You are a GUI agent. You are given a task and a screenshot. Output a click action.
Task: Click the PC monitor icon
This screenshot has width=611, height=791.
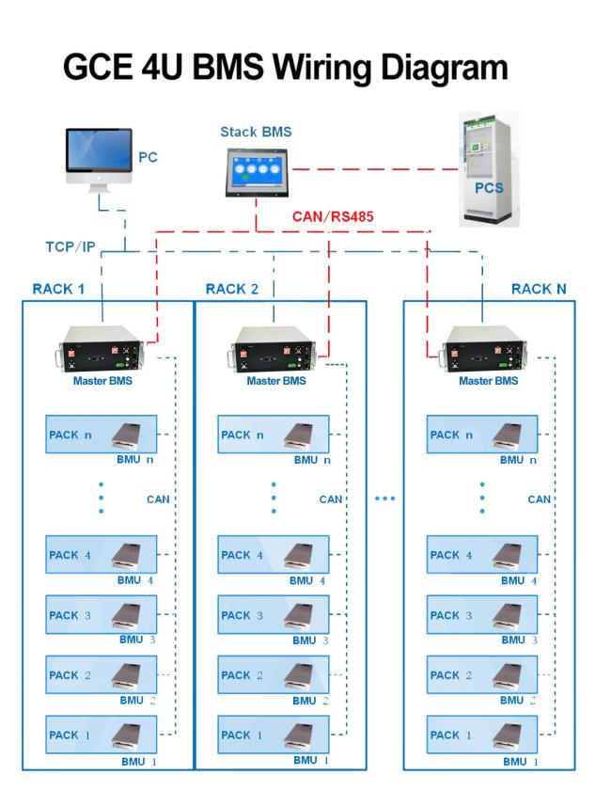100,159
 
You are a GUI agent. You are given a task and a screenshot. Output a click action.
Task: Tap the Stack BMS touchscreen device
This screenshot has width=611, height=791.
258,172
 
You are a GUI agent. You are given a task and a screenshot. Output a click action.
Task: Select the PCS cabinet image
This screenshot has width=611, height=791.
489,169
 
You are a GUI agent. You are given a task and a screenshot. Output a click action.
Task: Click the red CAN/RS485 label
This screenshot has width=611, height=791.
333,217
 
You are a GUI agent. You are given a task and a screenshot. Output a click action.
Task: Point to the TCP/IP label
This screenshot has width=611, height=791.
70,246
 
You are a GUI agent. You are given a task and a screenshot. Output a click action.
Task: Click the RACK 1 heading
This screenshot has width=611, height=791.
58,289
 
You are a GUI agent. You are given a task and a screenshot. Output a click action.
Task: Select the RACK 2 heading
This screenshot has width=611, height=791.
232,289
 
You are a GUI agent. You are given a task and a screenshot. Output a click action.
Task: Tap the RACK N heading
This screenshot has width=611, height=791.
539,289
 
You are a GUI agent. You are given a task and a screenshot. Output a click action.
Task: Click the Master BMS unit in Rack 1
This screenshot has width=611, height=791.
102,349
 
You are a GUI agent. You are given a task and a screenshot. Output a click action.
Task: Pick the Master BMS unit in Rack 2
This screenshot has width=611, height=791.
275,349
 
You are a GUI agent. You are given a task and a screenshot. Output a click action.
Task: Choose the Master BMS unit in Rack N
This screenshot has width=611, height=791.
485,349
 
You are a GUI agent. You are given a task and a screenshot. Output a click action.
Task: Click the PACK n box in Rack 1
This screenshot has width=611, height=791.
102,435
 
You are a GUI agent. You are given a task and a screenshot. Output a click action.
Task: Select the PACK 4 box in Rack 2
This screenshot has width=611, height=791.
274,554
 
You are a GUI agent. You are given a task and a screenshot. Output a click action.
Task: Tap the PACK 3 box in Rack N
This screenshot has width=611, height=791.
482,614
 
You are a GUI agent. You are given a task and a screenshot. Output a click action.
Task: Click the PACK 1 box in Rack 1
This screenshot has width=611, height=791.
102,735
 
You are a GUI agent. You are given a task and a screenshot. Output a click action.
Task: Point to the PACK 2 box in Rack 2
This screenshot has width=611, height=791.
274,674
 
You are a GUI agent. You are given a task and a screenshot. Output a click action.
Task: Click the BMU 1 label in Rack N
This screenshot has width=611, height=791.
521,762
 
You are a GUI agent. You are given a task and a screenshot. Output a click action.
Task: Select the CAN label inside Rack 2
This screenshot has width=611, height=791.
331,499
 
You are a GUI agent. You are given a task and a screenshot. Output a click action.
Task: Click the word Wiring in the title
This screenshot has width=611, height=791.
322,68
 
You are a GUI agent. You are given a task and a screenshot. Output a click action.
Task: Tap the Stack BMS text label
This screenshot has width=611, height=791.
256,132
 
